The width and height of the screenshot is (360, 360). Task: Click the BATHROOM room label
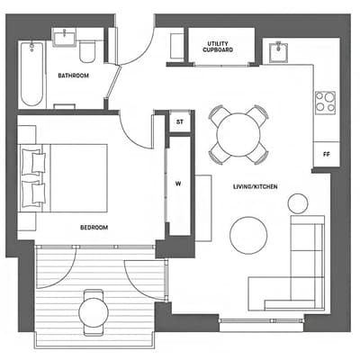74,76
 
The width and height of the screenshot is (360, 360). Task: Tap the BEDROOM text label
94,228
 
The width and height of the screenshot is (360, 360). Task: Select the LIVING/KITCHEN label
256,186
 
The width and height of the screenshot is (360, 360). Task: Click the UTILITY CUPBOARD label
218,47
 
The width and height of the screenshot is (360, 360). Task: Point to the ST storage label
180,122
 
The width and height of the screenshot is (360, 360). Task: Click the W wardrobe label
178,184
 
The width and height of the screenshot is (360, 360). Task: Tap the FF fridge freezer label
327,155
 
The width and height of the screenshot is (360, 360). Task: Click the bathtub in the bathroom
31,74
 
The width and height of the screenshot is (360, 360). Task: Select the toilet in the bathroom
87,51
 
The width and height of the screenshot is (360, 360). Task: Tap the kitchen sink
278,52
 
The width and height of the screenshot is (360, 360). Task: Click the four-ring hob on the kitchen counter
325,103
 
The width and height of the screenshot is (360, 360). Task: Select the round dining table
238,134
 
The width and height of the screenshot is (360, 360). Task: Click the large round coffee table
248,236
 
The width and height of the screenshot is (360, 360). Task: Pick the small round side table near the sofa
298,203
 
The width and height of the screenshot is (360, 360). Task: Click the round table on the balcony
94,312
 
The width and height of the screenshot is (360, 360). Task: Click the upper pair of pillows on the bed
33,162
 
